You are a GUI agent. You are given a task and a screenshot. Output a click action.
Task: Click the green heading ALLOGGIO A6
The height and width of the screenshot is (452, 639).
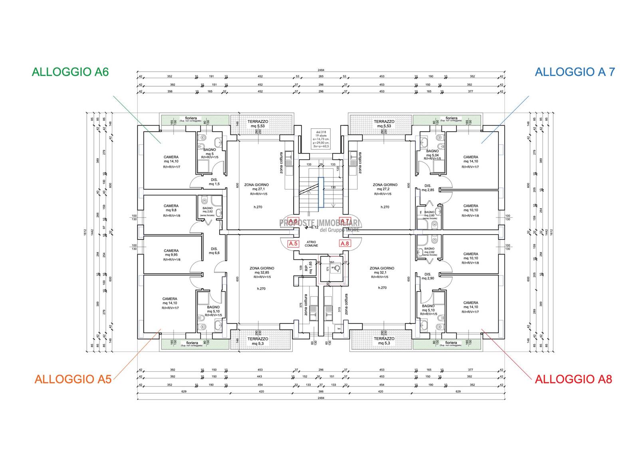pos(70,72)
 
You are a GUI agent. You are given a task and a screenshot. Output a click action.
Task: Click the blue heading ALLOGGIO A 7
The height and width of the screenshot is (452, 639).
pos(575,72)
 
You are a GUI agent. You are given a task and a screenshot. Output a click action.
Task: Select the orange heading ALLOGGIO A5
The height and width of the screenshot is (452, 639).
pos(73,379)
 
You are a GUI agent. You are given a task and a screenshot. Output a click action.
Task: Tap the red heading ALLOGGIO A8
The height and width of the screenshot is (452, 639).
pos(573,379)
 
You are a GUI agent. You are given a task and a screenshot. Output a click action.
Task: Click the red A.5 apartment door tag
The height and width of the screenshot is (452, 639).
pos(293,243)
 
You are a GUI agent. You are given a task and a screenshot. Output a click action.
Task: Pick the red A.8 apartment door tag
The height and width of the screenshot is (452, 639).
pos(344,243)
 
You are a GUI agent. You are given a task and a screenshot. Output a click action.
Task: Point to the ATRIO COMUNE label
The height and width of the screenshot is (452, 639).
pos(312,244)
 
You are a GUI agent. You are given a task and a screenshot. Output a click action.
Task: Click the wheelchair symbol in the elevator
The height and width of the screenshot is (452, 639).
pos(337,268)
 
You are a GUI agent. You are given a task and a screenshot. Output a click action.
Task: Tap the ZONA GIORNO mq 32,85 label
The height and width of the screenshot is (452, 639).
pos(262,273)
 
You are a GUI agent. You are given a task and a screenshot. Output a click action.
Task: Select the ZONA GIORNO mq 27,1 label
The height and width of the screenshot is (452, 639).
pos(256,187)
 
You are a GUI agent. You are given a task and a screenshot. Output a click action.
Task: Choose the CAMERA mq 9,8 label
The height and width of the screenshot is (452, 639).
pos(171,208)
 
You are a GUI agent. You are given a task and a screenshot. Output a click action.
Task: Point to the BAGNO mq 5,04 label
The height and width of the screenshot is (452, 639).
pos(433,153)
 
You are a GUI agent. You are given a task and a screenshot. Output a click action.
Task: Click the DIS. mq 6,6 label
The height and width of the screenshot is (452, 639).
pos(214,251)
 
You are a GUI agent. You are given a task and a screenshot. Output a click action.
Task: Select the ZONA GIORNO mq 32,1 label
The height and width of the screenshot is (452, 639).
pos(382,273)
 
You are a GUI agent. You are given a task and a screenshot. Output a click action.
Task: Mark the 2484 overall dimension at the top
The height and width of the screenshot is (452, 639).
pos(321,70)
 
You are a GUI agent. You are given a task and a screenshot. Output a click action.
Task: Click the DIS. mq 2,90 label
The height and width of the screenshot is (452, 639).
pos(428,276)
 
